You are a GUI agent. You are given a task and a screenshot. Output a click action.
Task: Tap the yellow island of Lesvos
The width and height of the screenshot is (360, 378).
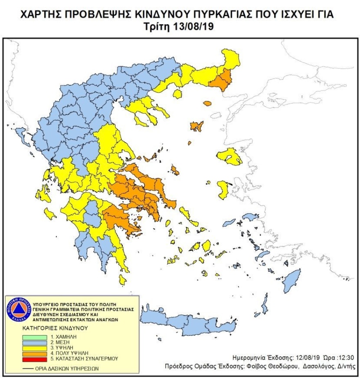(x=229, y=157)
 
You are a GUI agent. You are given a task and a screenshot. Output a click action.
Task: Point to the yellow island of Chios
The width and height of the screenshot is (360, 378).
(x=223, y=190)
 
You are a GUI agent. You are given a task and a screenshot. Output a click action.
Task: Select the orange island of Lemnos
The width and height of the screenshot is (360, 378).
(x=197, y=126)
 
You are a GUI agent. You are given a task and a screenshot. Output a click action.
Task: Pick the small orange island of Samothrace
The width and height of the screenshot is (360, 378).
(x=207, y=104)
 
